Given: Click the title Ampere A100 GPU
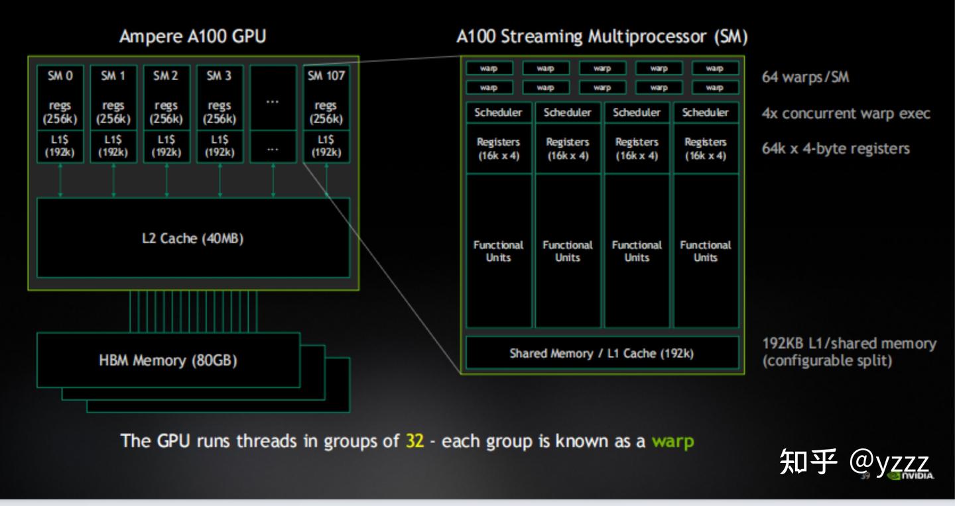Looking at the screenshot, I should pos(192,36).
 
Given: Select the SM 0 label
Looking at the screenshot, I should pos(60,76).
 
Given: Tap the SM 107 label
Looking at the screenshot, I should pos(326,76).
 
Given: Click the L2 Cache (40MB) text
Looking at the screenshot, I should pos(192,238).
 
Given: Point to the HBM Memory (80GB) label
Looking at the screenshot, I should pos(168,361).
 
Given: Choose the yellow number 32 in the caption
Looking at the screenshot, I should pos(414,441).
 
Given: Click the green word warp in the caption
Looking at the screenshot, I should pos(672,441).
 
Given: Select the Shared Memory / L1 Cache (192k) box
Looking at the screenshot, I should pos(602,353).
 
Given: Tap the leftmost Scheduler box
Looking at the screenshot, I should pos(498,113).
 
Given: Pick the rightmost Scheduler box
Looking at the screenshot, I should pos(706,113).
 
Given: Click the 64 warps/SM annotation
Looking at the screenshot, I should pos(805,77).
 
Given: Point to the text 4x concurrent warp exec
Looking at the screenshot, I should pos(846,113).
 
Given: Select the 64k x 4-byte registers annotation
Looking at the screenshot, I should pos(836,148).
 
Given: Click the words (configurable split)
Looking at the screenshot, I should pos(827,361).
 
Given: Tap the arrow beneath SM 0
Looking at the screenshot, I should pos(60,180).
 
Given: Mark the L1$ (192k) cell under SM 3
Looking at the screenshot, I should pos(220,146).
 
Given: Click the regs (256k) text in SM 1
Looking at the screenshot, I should pos(113,113).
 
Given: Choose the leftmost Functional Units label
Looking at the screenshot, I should pos(498,251).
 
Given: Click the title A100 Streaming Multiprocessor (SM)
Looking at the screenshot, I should pos(602,36).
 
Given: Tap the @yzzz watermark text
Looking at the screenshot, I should pos(889,461).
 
